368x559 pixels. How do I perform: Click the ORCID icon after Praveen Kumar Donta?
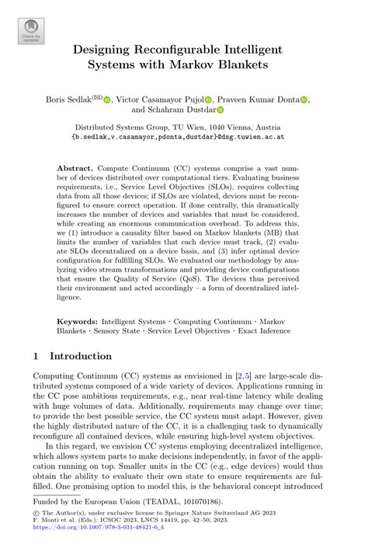[304, 100]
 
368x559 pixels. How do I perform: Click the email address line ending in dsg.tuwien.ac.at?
[183, 137]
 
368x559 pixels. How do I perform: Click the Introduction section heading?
[81, 356]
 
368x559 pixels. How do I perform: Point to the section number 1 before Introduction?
[36, 356]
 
